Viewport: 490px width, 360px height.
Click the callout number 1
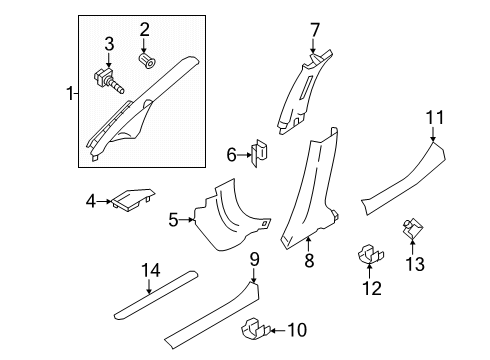70,93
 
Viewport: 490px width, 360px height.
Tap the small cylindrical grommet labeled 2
147,60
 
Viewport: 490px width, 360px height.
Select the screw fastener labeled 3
108,81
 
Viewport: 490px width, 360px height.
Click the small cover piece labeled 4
133,199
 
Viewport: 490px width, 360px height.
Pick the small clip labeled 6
260,153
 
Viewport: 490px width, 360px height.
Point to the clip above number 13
413,228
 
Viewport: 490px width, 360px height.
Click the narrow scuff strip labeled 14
156,295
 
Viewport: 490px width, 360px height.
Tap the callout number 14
151,270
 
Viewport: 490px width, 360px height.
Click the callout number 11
435,118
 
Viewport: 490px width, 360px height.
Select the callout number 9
254,259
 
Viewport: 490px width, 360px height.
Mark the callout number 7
314,31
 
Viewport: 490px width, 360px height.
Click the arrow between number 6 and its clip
244,155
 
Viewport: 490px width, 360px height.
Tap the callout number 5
173,220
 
